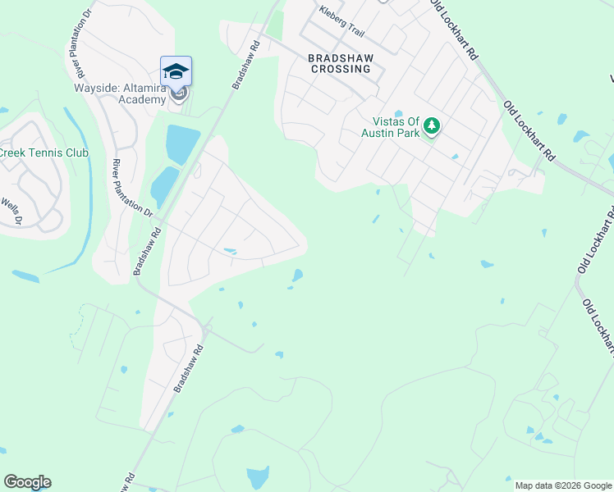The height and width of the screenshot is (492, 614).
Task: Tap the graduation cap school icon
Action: pos(176,71)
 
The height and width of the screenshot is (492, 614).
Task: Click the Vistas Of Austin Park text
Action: pos(392,126)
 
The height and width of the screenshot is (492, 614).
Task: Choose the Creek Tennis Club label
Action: pos(44,153)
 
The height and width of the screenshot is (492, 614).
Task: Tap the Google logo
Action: pos(27,482)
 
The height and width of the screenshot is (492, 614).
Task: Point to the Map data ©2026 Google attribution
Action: pos(562,485)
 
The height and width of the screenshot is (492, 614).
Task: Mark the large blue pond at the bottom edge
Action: pos(258,476)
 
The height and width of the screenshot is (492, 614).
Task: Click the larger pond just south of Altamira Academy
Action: pos(182,144)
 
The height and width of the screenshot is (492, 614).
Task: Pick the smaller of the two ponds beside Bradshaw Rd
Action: pos(164,186)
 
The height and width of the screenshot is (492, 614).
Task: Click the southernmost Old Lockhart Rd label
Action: pos(598,327)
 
